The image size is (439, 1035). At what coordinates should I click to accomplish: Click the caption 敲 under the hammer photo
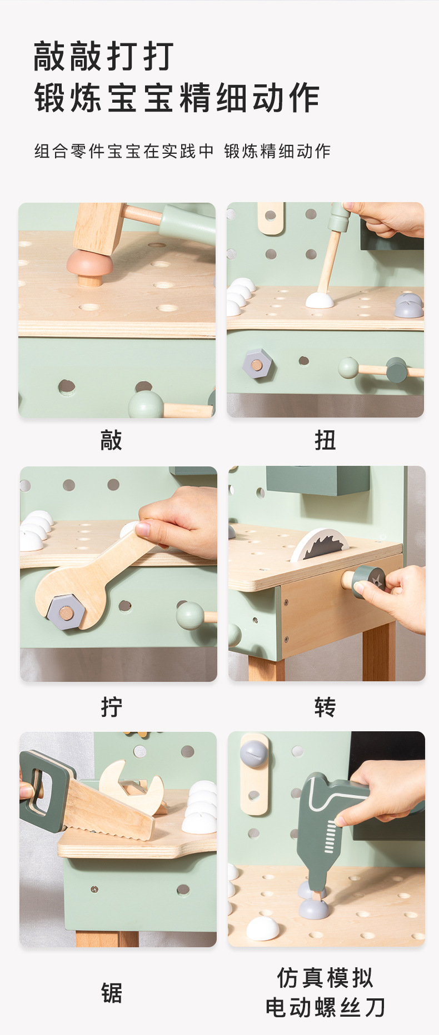pyautogui.click(x=111, y=441)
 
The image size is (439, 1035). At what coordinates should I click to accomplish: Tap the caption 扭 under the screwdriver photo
pyautogui.click(x=325, y=441)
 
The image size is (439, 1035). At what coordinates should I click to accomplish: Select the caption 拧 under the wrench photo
pyautogui.click(x=111, y=707)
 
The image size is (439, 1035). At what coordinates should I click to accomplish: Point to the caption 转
pyautogui.click(x=325, y=707)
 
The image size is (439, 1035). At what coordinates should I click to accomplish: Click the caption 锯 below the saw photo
pyautogui.click(x=111, y=993)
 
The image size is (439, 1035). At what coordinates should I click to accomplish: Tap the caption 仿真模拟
pyautogui.click(x=325, y=978)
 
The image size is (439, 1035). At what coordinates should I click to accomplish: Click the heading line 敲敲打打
pyautogui.click(x=104, y=56)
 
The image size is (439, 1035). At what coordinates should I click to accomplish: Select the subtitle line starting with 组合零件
pyautogui.click(x=182, y=151)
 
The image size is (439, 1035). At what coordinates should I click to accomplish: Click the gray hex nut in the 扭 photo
pyautogui.click(x=257, y=365)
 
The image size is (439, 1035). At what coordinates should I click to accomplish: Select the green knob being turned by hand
pyautogui.click(x=367, y=582)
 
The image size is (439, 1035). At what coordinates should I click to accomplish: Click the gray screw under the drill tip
pyautogui.click(x=314, y=907)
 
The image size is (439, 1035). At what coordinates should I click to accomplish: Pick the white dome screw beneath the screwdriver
pyautogui.click(x=320, y=300)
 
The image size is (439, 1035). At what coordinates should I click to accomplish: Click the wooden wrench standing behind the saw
pyautogui.click(x=132, y=783)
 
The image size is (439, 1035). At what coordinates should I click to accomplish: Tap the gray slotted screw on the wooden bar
pyautogui.click(x=254, y=753)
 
